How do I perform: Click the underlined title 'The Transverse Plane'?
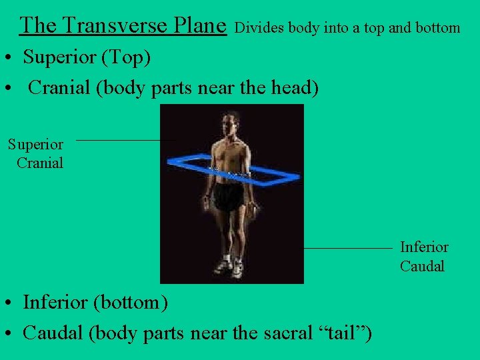(123, 25)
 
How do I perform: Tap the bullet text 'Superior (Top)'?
(87, 57)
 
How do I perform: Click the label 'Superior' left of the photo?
(35, 144)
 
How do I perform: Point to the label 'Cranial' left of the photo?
(40, 163)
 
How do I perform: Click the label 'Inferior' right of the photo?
(424, 247)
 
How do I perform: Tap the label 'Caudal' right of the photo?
(422, 266)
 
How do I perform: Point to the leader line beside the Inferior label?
(348, 248)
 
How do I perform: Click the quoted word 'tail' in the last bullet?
(343, 332)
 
